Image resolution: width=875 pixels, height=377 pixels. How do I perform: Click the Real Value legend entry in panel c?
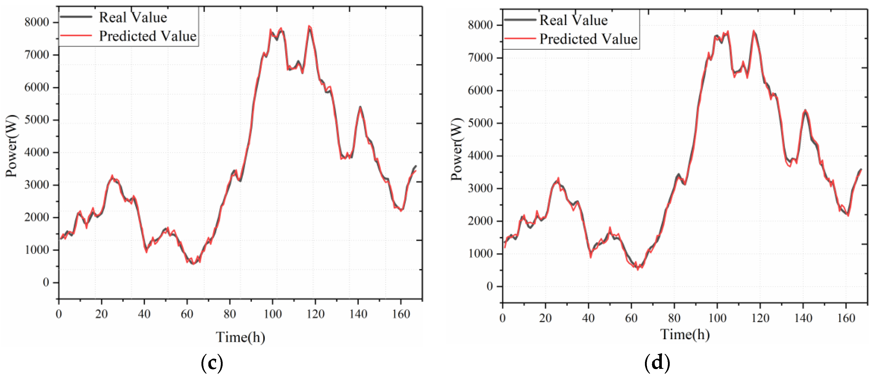click(x=133, y=17)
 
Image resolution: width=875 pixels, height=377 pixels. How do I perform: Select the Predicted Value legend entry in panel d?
click(x=588, y=39)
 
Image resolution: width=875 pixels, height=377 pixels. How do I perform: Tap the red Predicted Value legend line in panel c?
click(x=76, y=35)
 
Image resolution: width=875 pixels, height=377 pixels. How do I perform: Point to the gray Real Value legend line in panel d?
click(x=520, y=20)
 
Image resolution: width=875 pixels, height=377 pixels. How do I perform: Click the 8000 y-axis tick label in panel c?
click(x=37, y=22)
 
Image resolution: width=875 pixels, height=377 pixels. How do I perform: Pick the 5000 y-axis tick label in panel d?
click(x=480, y=123)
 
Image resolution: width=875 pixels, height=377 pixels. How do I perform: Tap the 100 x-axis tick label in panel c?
click(x=272, y=314)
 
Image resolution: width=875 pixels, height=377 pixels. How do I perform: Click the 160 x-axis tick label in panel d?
click(x=846, y=318)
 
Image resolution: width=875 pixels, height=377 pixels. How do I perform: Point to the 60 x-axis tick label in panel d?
click(x=631, y=318)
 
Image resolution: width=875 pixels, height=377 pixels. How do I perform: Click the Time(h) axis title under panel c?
click(x=240, y=337)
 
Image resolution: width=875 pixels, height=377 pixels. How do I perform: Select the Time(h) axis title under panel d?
click(x=685, y=334)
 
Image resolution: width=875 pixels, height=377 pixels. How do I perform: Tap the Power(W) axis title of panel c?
click(x=11, y=146)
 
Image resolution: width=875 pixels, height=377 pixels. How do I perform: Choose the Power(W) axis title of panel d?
click(x=457, y=149)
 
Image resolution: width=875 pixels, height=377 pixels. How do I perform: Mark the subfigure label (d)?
click(x=657, y=362)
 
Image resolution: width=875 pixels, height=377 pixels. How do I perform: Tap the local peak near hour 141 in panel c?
click(x=360, y=107)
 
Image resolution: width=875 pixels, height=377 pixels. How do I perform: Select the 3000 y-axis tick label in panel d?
click(x=480, y=188)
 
